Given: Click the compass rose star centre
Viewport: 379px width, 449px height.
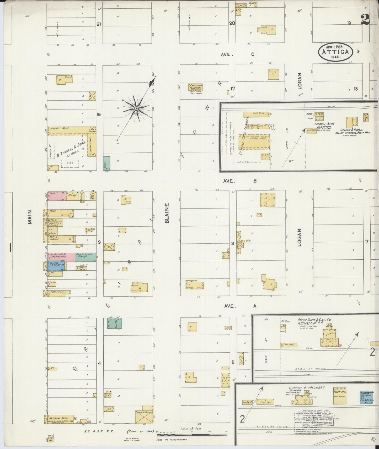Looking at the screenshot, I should pos(136,108).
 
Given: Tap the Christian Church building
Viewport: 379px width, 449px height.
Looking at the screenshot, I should pos(195,87).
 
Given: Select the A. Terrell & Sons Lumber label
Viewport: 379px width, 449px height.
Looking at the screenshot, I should pos(68,151).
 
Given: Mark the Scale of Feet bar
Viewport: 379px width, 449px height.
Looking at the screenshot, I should pos(191,435).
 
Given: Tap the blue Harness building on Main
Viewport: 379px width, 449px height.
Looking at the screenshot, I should pos(56,266).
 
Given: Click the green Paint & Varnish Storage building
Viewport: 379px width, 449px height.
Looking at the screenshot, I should pos(85,257).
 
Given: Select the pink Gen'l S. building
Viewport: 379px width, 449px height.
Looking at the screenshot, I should pos(57,196).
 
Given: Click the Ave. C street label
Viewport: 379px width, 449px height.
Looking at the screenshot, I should pos(238,54).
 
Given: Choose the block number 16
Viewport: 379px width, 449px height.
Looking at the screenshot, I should pos(99,114).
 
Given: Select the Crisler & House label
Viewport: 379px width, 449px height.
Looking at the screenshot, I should pos(351,130).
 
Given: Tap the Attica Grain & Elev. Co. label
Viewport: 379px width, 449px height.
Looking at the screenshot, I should pos(314,320).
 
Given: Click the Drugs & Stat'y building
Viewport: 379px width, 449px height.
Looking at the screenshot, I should pos(57,292).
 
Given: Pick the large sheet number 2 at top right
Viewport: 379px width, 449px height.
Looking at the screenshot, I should pos(365,19).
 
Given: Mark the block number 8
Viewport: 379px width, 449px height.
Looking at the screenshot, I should pos(232,243).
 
